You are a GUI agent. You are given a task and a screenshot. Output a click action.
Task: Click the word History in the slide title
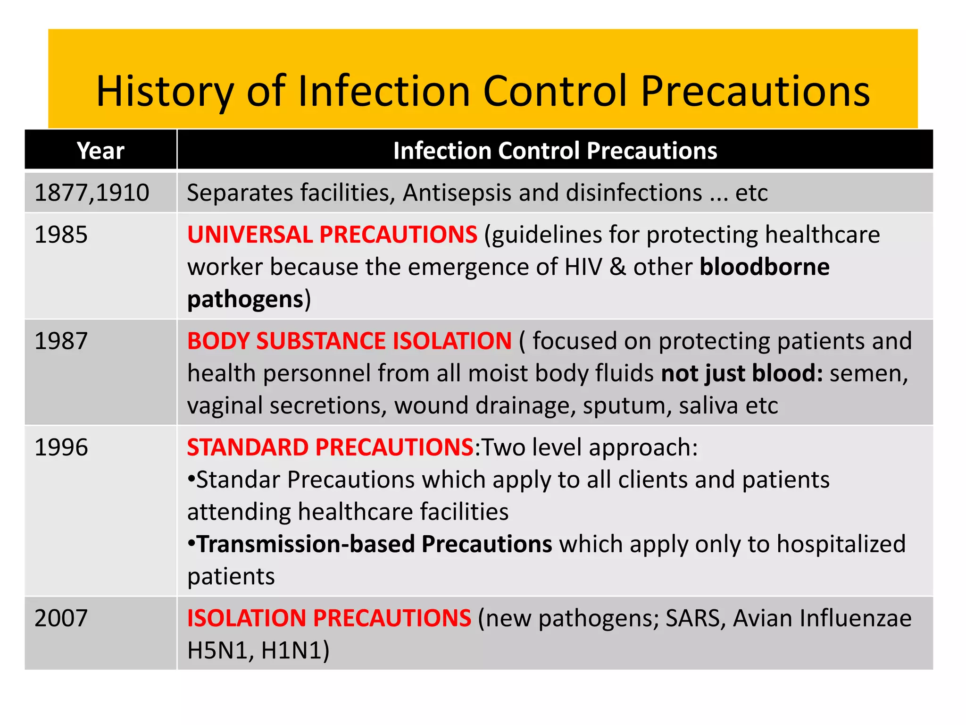(x=165, y=91)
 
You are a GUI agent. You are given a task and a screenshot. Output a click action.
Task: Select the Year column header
(x=100, y=151)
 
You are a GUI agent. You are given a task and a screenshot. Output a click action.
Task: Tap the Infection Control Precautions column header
(x=555, y=151)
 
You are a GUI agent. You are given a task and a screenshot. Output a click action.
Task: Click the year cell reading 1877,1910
(x=92, y=193)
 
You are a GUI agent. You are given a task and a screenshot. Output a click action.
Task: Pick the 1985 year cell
(x=61, y=235)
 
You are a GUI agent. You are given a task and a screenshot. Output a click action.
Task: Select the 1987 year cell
(x=61, y=341)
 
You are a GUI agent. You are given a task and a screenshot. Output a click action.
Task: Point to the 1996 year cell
(x=61, y=447)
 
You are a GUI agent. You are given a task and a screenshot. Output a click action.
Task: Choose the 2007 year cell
(x=61, y=618)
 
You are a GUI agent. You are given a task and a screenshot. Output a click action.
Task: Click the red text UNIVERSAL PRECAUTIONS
(x=332, y=235)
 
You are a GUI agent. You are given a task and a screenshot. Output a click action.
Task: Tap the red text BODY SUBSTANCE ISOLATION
(x=349, y=341)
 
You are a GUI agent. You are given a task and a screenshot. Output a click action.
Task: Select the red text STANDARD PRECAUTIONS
(x=330, y=447)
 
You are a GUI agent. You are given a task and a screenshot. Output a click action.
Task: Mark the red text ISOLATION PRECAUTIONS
(x=329, y=618)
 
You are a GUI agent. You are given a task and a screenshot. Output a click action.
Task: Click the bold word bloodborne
(x=764, y=267)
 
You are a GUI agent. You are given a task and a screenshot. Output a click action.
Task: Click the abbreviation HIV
(x=583, y=267)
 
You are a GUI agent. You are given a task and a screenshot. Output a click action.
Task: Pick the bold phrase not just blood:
(x=741, y=373)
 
